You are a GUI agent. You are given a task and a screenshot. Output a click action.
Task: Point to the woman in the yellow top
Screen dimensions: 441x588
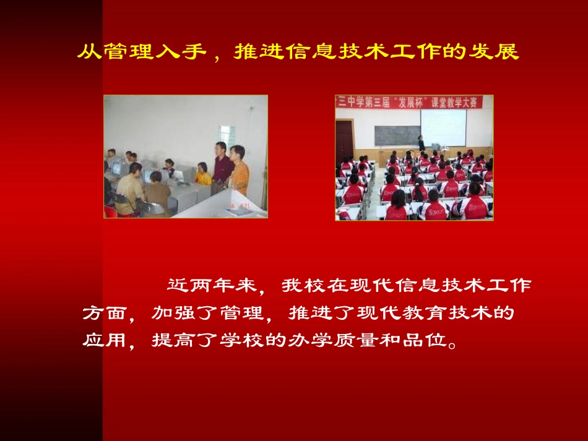click(202, 175)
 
